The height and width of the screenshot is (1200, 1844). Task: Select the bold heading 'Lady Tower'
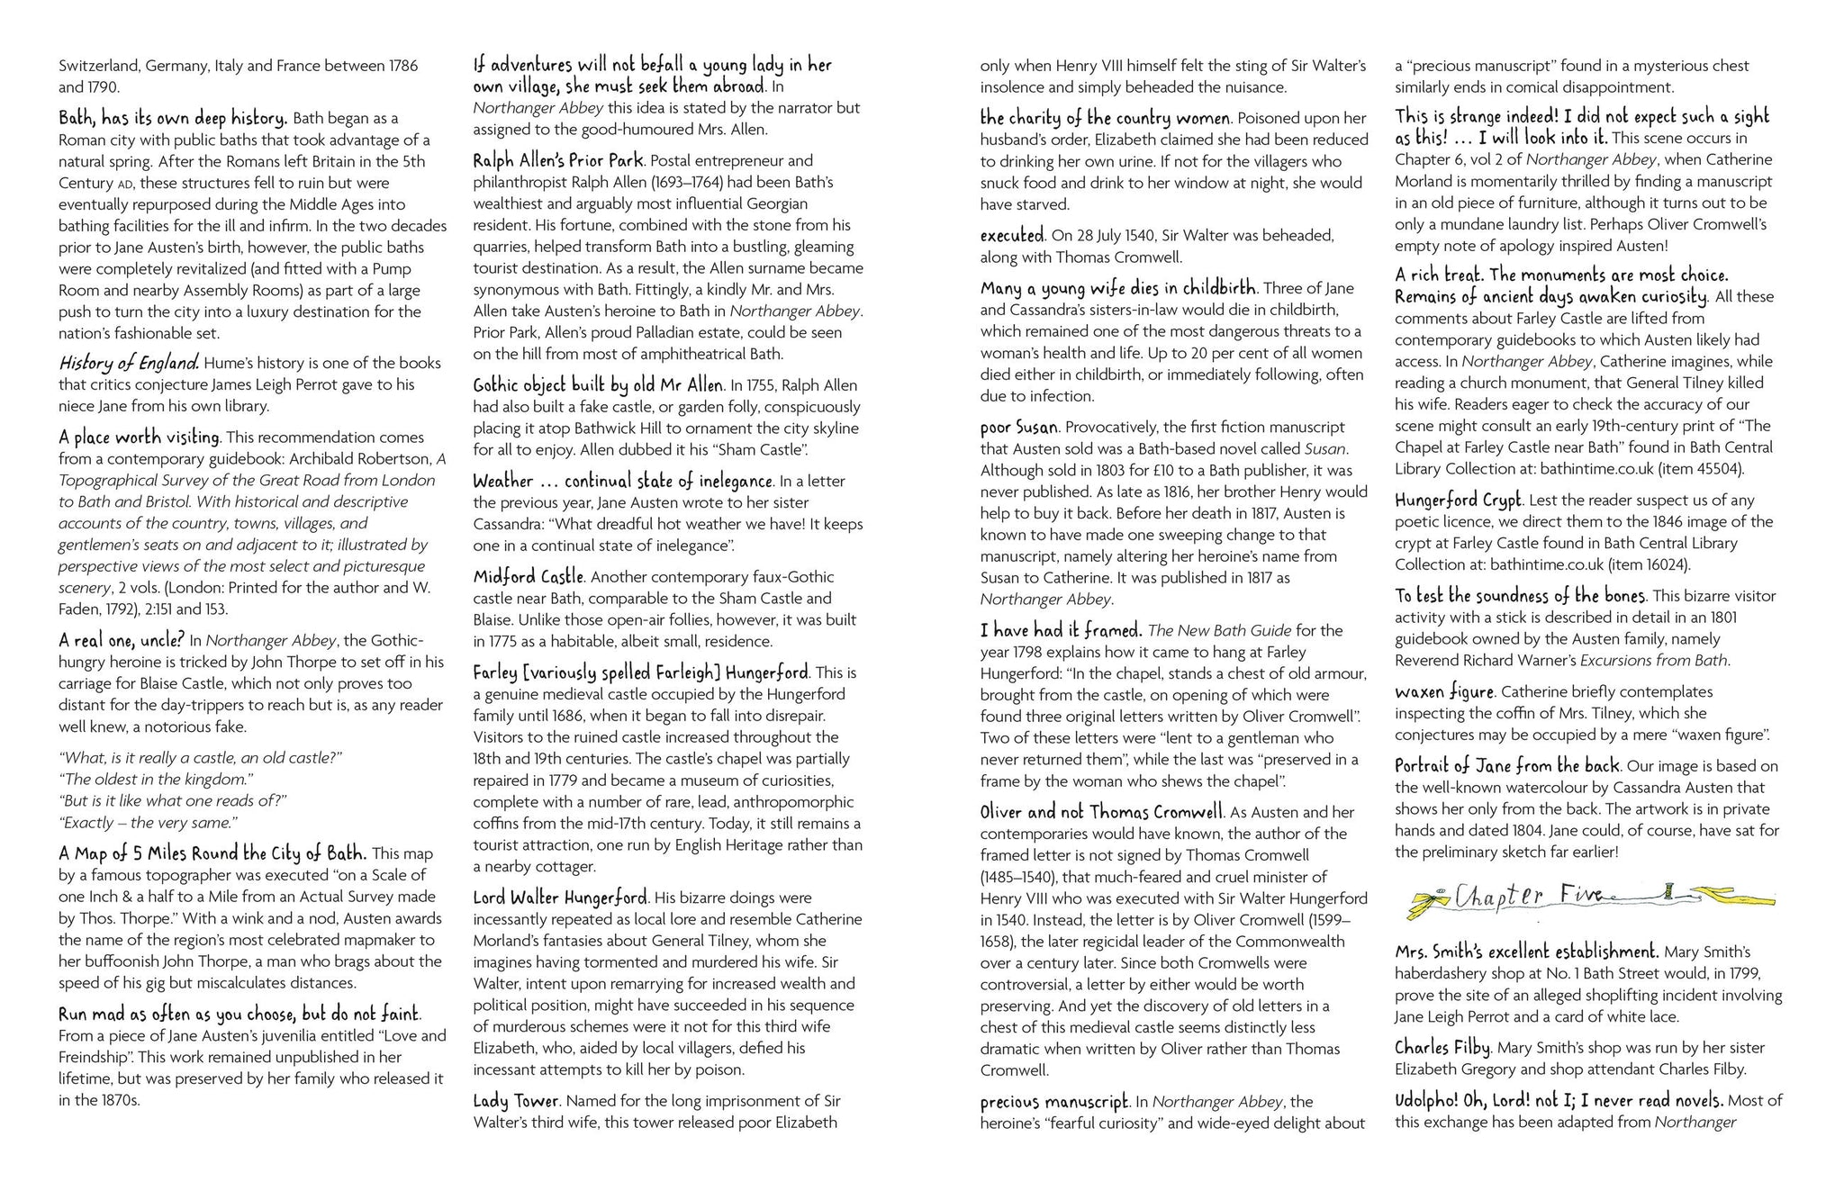click(517, 1100)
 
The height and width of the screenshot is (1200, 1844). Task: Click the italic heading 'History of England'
click(129, 363)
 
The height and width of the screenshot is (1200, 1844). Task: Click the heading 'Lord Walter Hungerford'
click(560, 897)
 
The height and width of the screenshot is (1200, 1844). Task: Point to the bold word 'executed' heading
click(1012, 235)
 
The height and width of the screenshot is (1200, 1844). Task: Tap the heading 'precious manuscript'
click(1053, 1101)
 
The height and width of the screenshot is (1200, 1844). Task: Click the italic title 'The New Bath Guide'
click(1219, 630)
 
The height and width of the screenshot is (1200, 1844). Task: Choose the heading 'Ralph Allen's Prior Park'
click(558, 160)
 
